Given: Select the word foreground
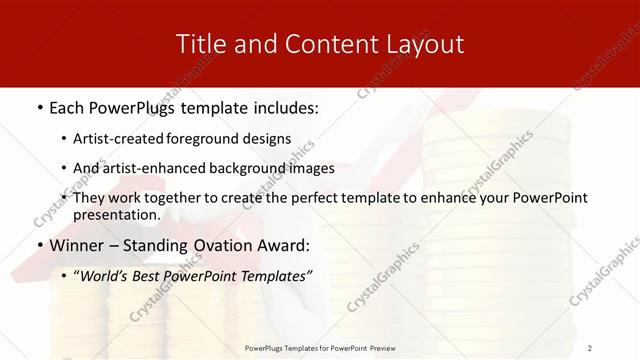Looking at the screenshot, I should (x=216, y=139).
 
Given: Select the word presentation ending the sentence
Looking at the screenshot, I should (x=117, y=214).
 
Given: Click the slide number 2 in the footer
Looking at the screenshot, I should (x=590, y=347).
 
